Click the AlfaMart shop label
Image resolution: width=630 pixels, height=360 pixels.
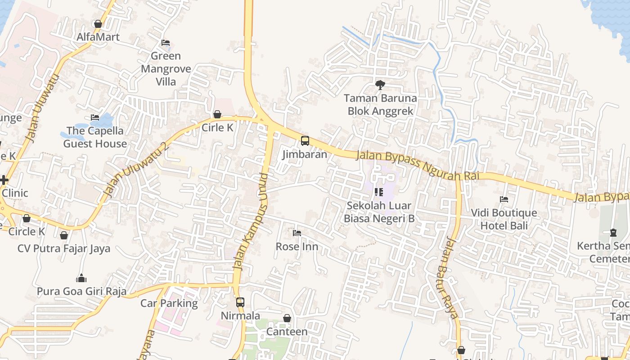tap(98, 37)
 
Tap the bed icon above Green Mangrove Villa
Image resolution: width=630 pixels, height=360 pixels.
tap(166, 43)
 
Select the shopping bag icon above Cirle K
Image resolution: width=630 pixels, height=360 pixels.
tap(217, 114)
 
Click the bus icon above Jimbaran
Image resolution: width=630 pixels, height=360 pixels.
tap(305, 141)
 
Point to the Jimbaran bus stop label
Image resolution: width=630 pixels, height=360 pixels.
tap(305, 154)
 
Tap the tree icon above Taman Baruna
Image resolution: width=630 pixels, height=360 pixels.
tap(380, 85)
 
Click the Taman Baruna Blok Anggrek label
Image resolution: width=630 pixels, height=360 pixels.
tap(380, 104)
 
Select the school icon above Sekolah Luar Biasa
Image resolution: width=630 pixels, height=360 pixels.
tap(379, 193)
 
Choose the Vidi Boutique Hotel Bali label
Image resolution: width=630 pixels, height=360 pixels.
tap(504, 219)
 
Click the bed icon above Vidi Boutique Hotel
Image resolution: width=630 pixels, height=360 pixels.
tap(504, 199)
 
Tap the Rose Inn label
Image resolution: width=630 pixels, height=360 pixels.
tap(297, 247)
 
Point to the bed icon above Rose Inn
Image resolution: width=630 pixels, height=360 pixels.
tap(297, 233)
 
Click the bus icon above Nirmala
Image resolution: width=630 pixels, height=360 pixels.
tap(240, 302)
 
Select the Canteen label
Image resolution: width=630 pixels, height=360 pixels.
tap(287, 332)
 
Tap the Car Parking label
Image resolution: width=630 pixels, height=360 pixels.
tap(169, 303)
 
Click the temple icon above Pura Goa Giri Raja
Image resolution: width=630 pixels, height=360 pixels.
tap(81, 278)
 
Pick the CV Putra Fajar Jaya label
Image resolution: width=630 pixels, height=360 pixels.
tap(64, 248)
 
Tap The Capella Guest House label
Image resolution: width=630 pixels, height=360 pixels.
tap(95, 137)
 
